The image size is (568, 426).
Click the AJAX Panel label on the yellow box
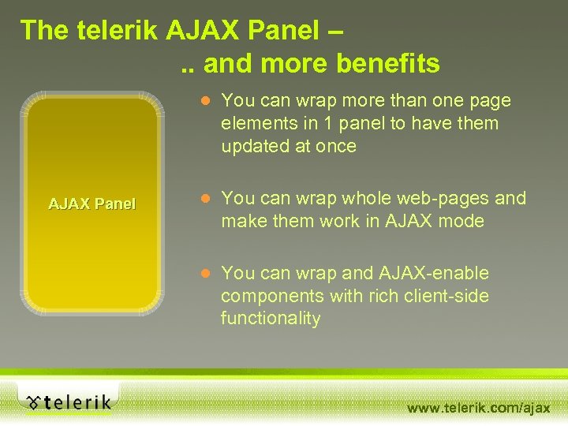[x=92, y=204]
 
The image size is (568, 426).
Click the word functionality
[x=271, y=319]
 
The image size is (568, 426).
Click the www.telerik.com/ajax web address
[x=478, y=407]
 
